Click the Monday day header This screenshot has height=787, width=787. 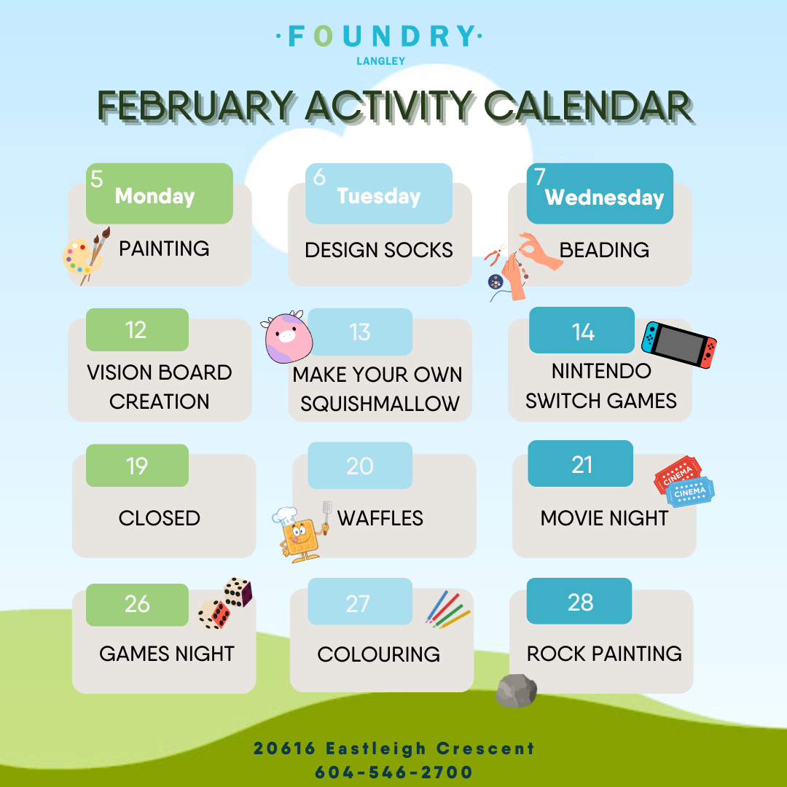pos(154,196)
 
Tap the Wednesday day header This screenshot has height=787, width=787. pos(604,197)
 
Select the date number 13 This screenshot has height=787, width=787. pos(360,332)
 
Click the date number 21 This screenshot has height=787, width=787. pos(582,465)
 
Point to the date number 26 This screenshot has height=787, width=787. pos(137,604)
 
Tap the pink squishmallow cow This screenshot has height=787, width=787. pos(286,336)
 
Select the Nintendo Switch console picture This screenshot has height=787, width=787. pos(679,344)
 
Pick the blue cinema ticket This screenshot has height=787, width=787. pos(689,492)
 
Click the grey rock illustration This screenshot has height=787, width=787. pos(516,691)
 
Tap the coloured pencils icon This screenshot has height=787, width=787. pos(447,610)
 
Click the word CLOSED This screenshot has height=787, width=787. pos(160,519)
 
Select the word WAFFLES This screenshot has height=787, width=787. pos(380,519)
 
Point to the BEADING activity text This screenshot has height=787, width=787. pos(604,250)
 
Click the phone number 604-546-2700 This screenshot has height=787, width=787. pos(394,772)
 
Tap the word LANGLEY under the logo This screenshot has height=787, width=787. pos(381,61)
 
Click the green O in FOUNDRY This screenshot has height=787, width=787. pos(324,36)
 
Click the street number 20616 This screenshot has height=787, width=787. pos(284,748)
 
